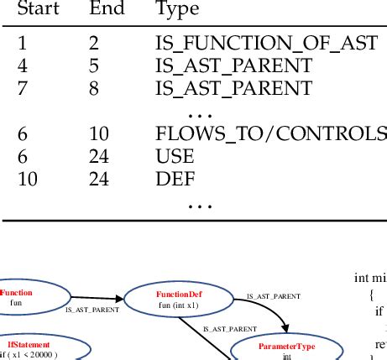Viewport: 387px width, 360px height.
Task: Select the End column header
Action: [107, 10]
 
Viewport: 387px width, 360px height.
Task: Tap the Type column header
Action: [177, 10]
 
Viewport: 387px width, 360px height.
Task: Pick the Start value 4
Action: [22, 65]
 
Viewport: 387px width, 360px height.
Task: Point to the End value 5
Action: [93, 65]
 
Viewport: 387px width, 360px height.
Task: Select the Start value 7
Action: [22, 87]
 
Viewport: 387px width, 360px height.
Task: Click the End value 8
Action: [93, 87]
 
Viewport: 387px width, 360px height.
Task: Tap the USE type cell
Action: [175, 155]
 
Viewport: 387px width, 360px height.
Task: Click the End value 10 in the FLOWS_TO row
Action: [99, 133]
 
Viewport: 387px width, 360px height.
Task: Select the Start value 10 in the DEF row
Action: [27, 178]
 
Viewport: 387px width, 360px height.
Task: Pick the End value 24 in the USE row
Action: [99, 155]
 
